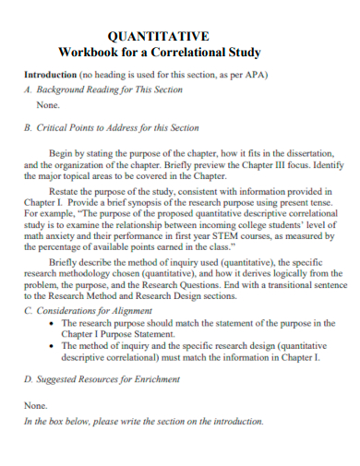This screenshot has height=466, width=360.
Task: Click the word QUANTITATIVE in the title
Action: tap(159, 36)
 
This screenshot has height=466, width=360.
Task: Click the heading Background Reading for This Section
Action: tap(108, 90)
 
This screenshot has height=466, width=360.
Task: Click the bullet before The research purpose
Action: tap(52, 325)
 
